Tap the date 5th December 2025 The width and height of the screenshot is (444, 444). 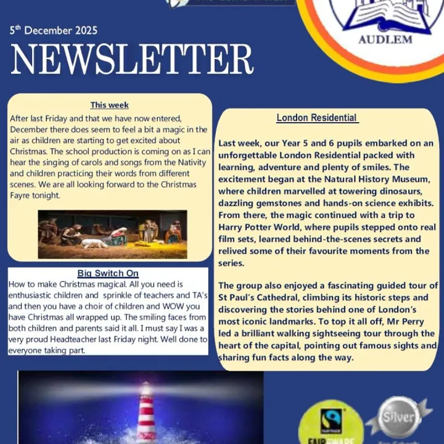54,30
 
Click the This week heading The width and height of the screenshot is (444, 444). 110,105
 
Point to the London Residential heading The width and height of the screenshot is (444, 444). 316,118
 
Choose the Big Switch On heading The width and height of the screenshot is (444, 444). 108,273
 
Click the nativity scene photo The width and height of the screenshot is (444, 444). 112,234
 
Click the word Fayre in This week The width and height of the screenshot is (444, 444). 22,195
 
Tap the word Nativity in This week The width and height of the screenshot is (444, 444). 178,162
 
